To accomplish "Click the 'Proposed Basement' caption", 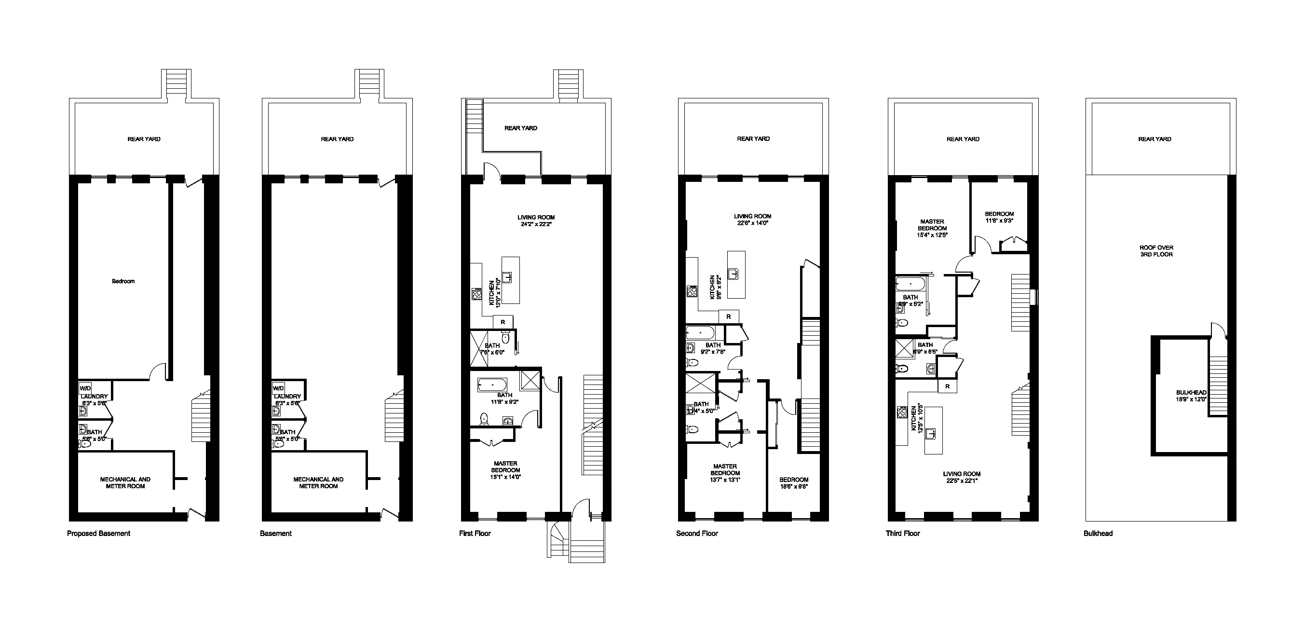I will coord(98,533).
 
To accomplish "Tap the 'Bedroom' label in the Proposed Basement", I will coord(123,281).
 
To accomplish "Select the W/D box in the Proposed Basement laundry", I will coord(85,388).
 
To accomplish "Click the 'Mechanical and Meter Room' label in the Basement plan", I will coord(318,482).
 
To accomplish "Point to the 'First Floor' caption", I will coord(475,533).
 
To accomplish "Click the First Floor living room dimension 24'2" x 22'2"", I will coord(536,224).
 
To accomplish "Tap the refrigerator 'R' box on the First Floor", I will coord(503,322).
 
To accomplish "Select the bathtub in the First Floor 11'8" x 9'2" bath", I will coord(491,385).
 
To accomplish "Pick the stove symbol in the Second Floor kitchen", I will coord(692,291).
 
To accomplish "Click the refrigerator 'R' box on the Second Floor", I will coord(729,316).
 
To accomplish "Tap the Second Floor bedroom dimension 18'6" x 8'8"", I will coord(793,486).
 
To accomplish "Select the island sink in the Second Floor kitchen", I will coord(733,274).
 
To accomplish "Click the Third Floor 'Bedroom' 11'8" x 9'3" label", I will coord(999,217).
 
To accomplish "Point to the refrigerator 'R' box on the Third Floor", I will coord(947,386).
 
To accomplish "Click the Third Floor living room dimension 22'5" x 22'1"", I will coord(961,481).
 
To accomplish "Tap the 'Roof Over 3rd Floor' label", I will coord(1156,251).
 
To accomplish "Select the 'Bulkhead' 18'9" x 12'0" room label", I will coord(1191,396).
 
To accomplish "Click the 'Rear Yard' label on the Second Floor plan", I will coord(753,139).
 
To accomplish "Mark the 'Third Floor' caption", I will coord(903,533).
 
